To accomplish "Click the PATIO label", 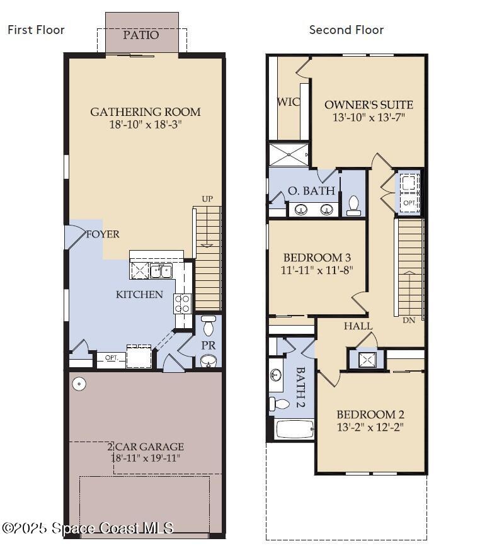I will (x=141, y=35).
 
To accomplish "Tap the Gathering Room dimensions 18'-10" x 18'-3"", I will (x=146, y=125).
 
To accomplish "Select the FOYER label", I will (x=103, y=234).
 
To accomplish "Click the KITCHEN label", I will (x=139, y=295).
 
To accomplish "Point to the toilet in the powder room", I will (x=209, y=327).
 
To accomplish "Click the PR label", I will (x=209, y=346).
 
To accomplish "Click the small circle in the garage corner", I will (x=79, y=384).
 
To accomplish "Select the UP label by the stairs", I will (x=207, y=199).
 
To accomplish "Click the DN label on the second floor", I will (x=409, y=320).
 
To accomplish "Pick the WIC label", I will (x=289, y=102).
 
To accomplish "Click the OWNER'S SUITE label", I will (x=369, y=105).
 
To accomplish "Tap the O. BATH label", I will (x=307, y=191).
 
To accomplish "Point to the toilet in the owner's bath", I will (x=353, y=205).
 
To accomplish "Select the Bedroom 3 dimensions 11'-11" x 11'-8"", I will (x=317, y=270).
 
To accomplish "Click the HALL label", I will (x=358, y=326).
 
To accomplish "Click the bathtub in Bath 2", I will (x=295, y=430).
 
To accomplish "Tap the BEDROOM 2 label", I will (x=370, y=414).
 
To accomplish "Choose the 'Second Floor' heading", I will (x=346, y=30).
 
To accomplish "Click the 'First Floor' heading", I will (x=36, y=30).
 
